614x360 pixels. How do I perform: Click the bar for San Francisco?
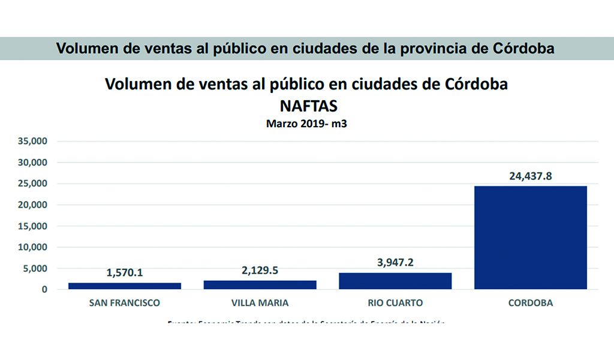(125, 286)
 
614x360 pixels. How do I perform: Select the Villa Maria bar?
(260, 284)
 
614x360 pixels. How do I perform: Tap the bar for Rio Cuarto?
(395, 281)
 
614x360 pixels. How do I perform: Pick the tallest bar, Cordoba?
(530, 238)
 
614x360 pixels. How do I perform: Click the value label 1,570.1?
(125, 273)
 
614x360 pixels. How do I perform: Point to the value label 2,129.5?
(260, 271)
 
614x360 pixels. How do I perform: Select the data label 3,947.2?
(395, 263)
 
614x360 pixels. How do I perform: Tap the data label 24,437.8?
(530, 176)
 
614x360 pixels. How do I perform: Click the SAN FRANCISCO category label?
(125, 303)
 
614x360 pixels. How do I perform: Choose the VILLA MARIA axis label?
(260, 303)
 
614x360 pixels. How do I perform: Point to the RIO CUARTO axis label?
(395, 303)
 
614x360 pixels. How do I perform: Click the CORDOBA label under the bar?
(530, 303)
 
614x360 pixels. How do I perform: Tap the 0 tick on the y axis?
(44, 289)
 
